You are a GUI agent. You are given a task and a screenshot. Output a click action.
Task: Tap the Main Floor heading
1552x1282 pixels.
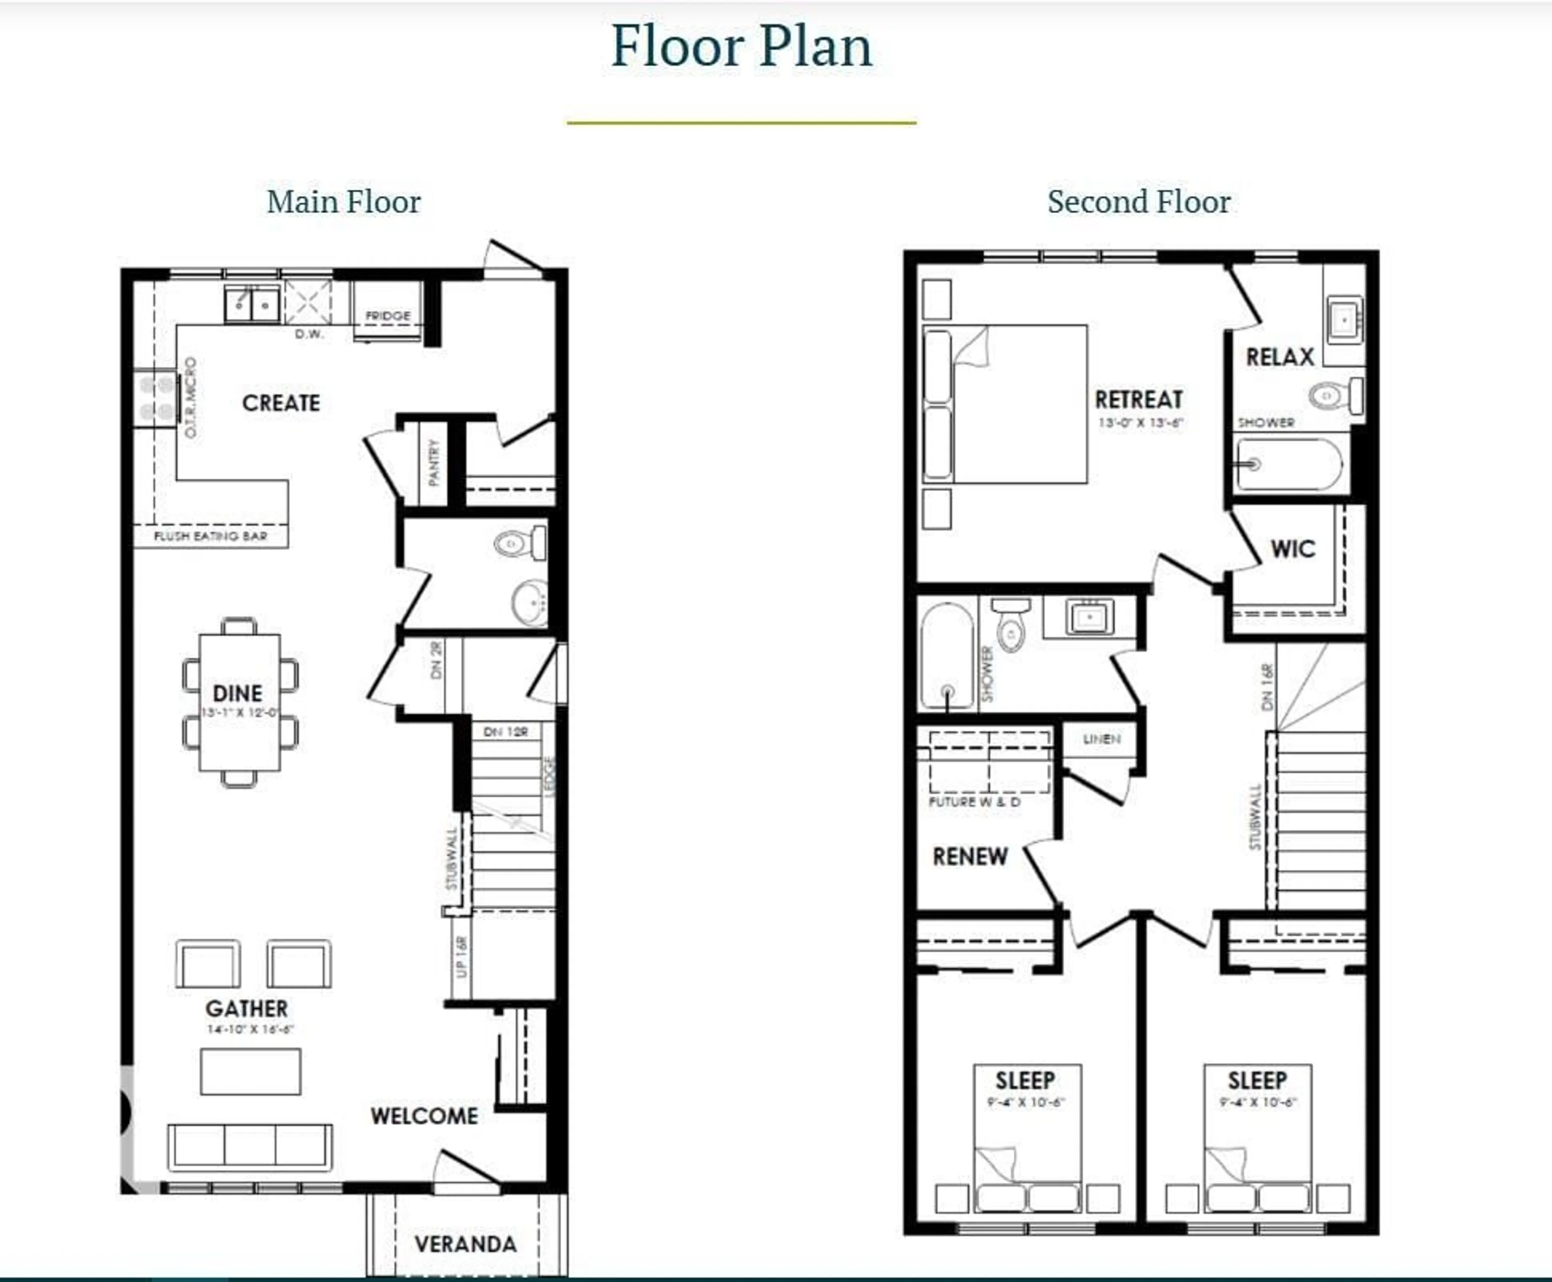[x=343, y=202]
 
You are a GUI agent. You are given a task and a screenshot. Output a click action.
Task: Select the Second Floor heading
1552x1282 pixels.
[x=1139, y=202]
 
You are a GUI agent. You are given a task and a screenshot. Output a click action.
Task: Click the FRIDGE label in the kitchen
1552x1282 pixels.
[x=388, y=315]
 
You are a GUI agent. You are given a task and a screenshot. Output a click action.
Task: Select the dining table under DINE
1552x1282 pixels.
[x=239, y=702]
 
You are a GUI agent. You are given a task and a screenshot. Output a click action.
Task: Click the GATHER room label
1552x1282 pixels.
[x=247, y=1008]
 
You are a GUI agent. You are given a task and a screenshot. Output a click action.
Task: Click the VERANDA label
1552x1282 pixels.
[x=465, y=1244]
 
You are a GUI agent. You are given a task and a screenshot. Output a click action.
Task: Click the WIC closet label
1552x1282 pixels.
[x=1292, y=549]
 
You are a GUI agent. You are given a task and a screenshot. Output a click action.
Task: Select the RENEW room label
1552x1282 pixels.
[x=970, y=857]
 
